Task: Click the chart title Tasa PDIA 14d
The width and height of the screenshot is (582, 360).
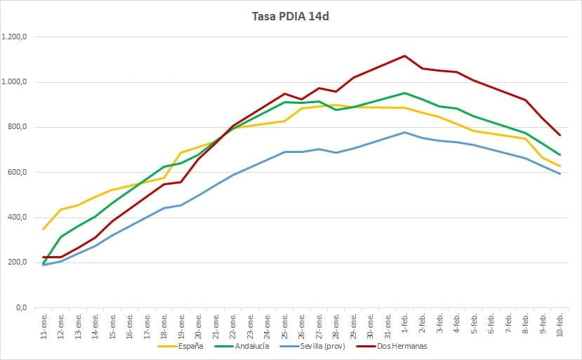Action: coord(290,17)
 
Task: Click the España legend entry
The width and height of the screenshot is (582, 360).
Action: coord(180,346)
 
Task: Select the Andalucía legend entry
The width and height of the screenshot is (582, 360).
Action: coord(242,346)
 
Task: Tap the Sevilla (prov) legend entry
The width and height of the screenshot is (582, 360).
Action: coord(313,346)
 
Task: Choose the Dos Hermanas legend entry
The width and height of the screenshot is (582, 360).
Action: coord(392,346)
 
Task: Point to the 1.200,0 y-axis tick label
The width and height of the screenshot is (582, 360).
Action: coord(15,36)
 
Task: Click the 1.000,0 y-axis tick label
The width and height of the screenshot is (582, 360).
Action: coord(15,82)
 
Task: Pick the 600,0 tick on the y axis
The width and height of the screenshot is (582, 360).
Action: coord(18,172)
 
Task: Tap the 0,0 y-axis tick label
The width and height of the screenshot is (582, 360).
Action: coord(22,307)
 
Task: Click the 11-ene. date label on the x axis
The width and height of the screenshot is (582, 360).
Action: coord(44,326)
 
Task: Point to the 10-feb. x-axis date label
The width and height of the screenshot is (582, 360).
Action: coord(560,325)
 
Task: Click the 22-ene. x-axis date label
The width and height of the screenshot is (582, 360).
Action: coord(232,326)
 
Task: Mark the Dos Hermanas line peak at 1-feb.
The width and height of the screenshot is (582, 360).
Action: coord(404,56)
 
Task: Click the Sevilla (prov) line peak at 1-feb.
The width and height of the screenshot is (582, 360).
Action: coord(404,132)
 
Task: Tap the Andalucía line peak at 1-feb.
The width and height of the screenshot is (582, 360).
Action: coord(404,93)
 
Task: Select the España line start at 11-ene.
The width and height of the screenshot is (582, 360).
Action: coord(44,229)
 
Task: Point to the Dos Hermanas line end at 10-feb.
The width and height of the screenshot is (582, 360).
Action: coord(560,135)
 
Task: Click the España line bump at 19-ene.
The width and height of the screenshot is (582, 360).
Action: coord(181,152)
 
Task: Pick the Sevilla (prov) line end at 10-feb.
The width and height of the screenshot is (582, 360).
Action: coord(560,173)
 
